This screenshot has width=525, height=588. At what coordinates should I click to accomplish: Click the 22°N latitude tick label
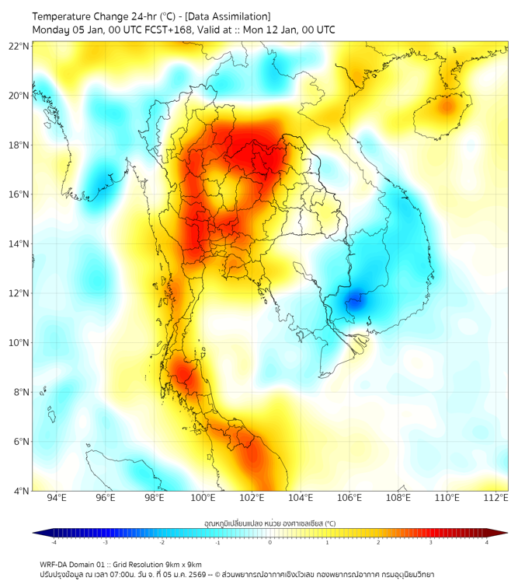(19, 47)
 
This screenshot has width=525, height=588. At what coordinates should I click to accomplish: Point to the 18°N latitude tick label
(19, 145)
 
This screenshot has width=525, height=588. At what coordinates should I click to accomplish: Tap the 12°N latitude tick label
(19, 293)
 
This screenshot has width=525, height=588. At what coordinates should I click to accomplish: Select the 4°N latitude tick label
(21, 491)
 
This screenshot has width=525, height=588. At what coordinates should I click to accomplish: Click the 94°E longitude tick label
(57, 498)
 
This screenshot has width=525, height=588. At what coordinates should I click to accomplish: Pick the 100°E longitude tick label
(203, 498)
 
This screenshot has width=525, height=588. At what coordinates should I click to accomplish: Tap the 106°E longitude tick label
(349, 498)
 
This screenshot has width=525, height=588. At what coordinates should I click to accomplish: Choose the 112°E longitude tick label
(496, 498)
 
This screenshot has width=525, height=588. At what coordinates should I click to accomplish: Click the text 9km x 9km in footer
(182, 564)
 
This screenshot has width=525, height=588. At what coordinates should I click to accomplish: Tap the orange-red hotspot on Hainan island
(446, 107)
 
